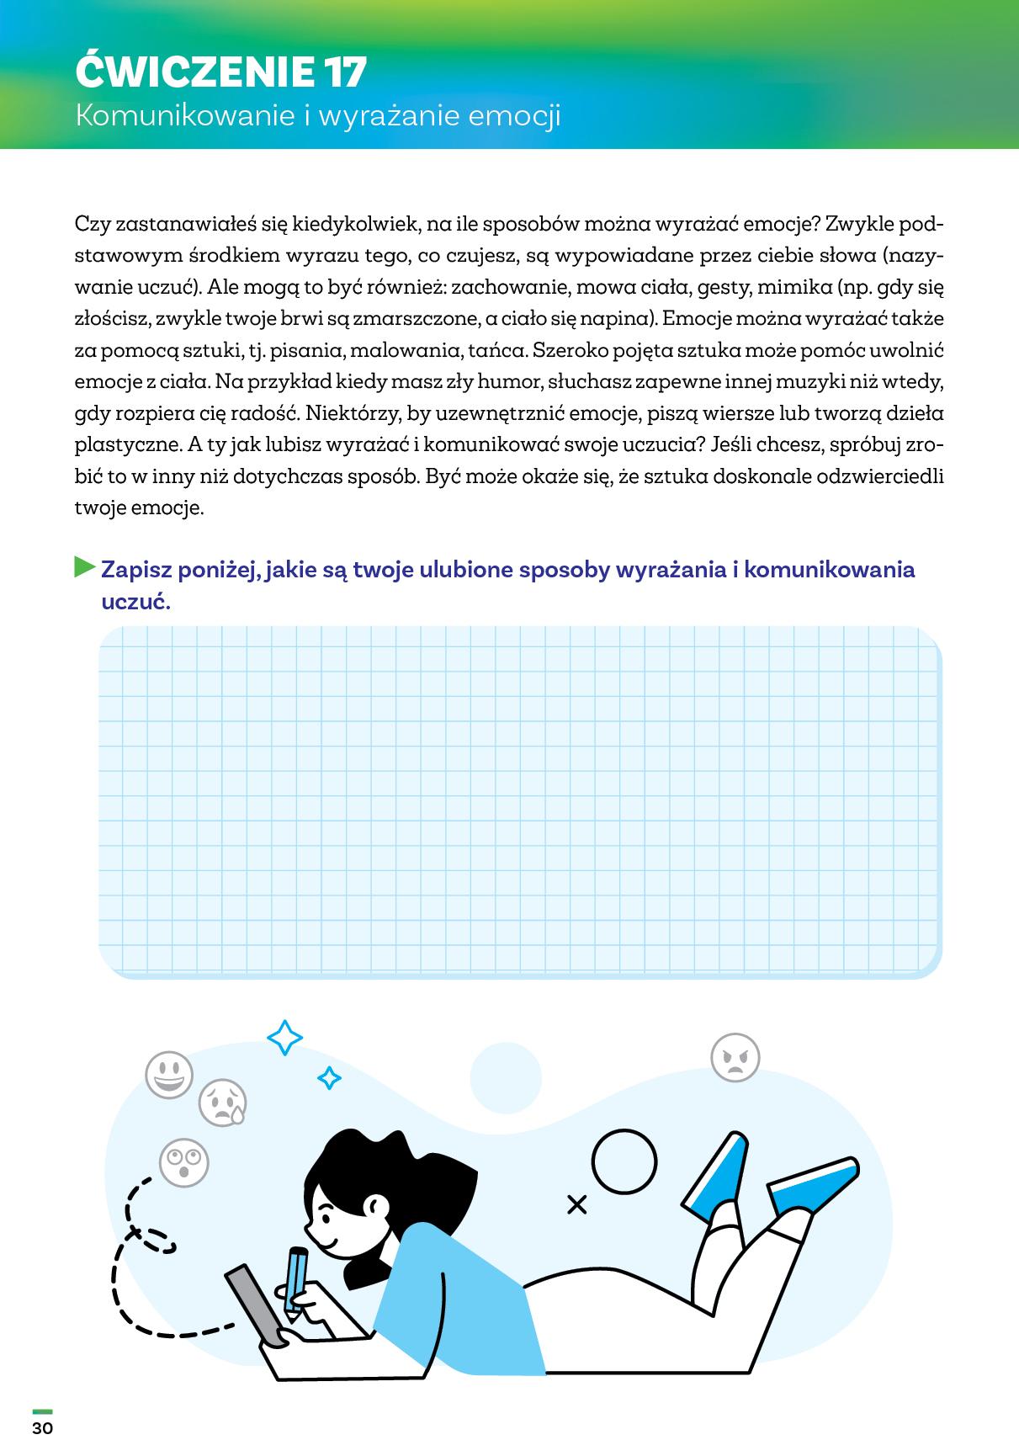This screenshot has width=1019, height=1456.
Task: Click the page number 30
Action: point(42,1428)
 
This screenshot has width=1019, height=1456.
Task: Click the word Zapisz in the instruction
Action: point(142,570)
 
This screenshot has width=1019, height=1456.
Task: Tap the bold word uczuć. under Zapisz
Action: point(135,602)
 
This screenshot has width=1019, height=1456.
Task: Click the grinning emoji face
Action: point(169,1075)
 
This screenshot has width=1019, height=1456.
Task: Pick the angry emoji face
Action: point(735,1057)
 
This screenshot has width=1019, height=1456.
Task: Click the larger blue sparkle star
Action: point(284,1038)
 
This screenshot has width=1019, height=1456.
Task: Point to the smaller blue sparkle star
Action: point(329,1077)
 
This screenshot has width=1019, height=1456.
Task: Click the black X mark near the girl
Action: point(576,1205)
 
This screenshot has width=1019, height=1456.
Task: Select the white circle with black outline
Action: point(624,1162)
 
